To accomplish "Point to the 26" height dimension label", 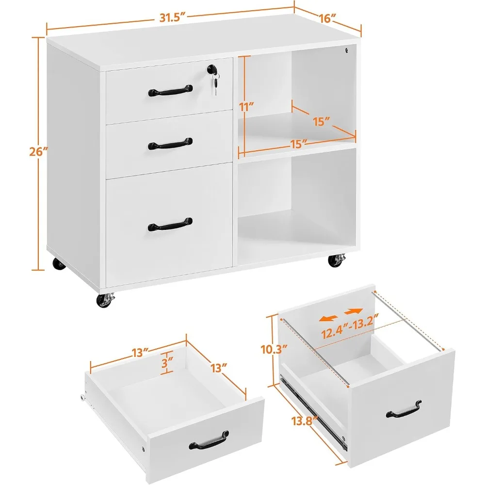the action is tap(39, 152).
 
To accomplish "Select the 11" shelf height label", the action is tap(246, 107).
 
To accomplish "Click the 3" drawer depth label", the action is tap(167, 363).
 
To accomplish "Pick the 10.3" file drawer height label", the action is tap(274, 349).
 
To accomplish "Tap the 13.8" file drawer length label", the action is tap(305, 420).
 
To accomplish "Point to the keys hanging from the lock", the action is tap(216, 81).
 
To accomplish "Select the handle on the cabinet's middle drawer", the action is tap(170, 144).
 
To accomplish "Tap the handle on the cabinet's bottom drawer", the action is tap(170, 225).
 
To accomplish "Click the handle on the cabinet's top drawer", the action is tap(170, 91).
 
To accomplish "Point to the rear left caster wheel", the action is tap(59, 264).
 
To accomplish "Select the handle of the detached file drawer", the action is tap(404, 409).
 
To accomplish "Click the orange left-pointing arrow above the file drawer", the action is tap(328, 318).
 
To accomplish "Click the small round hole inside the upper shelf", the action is tap(347, 50).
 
